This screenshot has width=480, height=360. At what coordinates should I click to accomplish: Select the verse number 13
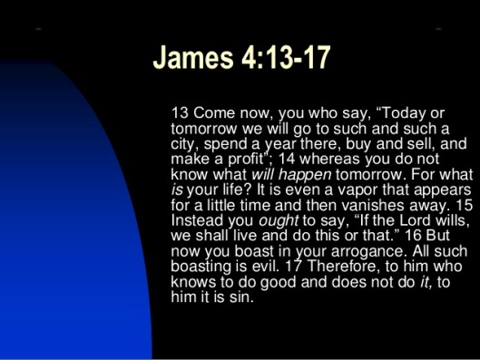point(179,112)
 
